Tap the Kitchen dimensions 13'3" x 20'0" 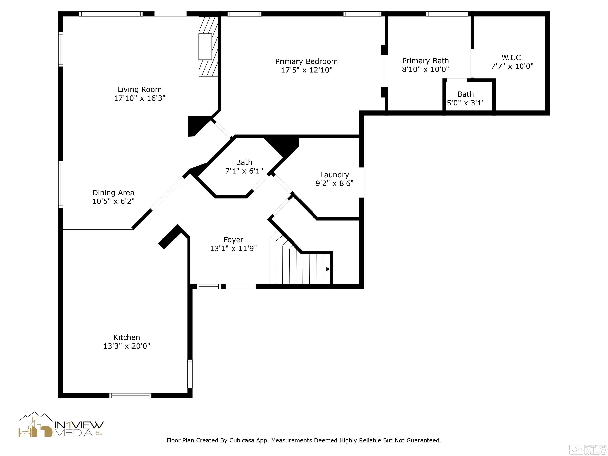[x=127, y=346]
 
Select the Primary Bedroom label [x=306, y=61]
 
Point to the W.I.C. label [x=512, y=58]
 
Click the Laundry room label [x=334, y=175]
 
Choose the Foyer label [x=233, y=240]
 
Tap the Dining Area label [x=113, y=193]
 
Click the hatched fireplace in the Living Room [x=208, y=46]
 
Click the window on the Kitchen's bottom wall [x=130, y=395]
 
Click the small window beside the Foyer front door [x=209, y=286]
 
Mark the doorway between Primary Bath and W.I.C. [x=472, y=64]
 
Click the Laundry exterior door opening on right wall [x=362, y=182]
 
